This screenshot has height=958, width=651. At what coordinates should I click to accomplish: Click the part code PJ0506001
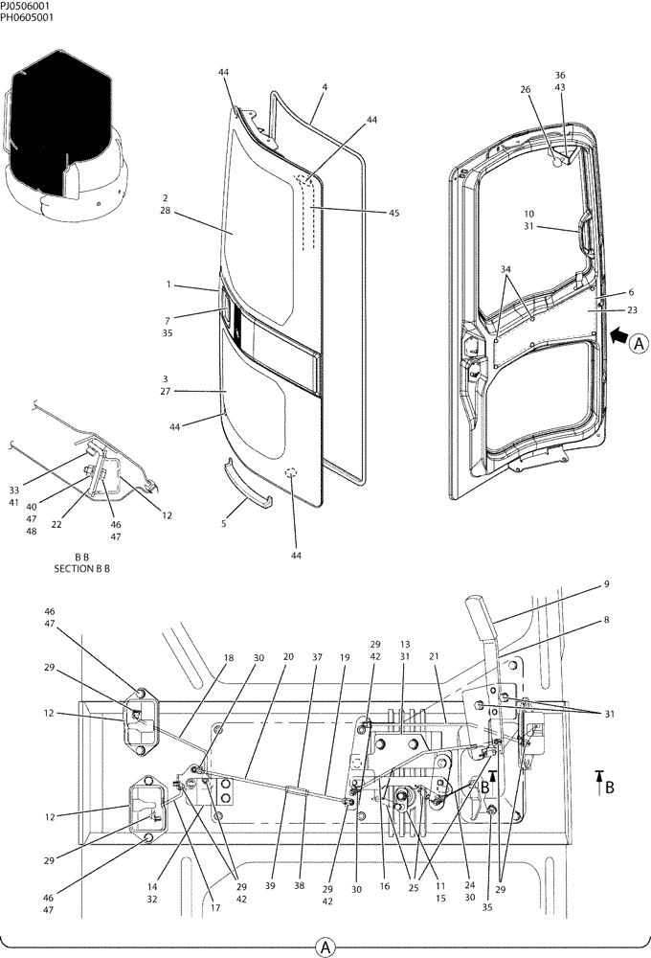point(26,6)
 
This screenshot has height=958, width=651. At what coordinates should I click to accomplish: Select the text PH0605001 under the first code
point(27,17)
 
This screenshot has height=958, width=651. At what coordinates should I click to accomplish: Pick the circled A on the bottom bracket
point(325,947)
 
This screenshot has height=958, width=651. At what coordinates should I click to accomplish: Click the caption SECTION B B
point(81,568)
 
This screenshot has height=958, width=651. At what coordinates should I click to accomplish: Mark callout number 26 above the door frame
point(526,90)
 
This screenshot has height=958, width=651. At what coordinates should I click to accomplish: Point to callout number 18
point(228,657)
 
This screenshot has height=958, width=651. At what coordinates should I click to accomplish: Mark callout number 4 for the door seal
point(325,87)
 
